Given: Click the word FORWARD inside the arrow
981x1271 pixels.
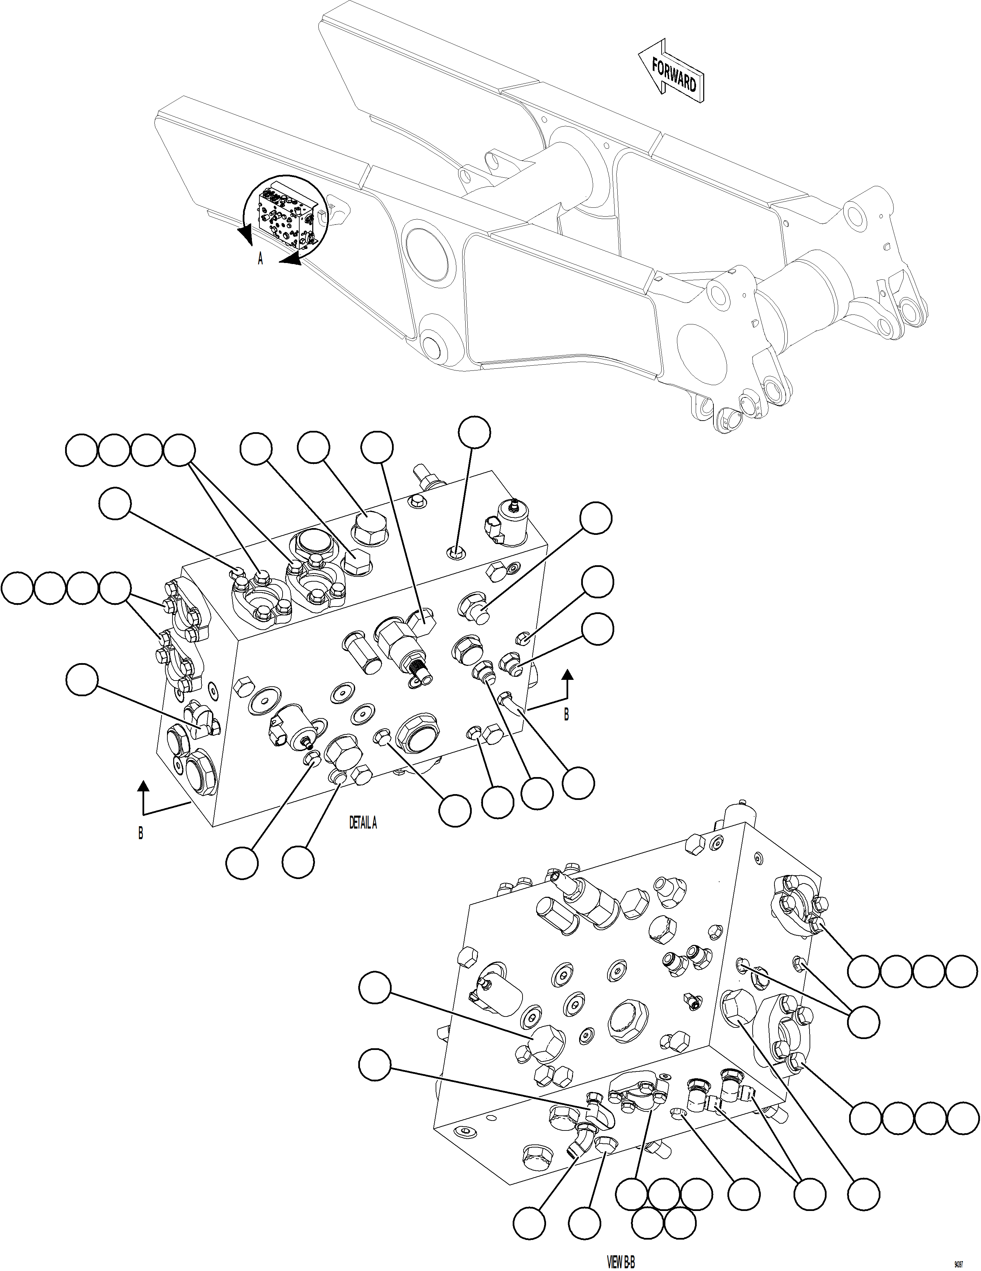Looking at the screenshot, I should (x=675, y=76).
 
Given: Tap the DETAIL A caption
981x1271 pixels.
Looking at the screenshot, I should (x=363, y=823).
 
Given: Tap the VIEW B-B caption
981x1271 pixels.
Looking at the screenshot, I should (x=620, y=1262).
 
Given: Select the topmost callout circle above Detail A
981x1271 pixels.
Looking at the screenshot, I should (x=474, y=432).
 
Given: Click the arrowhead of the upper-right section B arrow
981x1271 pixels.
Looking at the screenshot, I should (x=568, y=675).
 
